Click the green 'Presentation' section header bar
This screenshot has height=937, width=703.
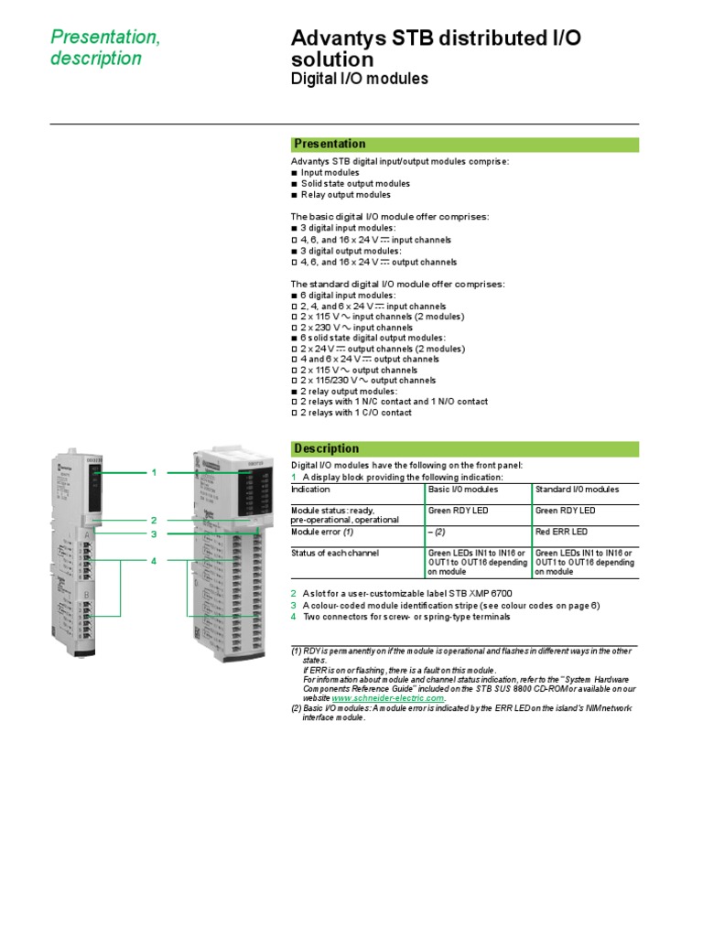pyautogui.click(x=464, y=144)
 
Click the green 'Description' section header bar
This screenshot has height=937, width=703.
pyautogui.click(x=464, y=448)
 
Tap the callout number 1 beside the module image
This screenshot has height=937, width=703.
pyautogui.click(x=155, y=472)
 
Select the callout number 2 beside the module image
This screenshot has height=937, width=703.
pyautogui.click(x=155, y=520)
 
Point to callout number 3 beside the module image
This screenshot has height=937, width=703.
pyautogui.click(x=155, y=533)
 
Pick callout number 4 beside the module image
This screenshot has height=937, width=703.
pyautogui.click(x=155, y=560)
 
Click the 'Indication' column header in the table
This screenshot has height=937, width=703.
pyautogui.click(x=310, y=490)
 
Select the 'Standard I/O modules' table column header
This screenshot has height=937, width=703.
pyautogui.click(x=577, y=490)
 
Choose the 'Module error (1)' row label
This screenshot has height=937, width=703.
pyautogui.click(x=322, y=532)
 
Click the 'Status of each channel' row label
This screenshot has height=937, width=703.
pyautogui.click(x=334, y=553)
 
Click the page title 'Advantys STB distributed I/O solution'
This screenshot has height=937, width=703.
pyautogui.click(x=435, y=48)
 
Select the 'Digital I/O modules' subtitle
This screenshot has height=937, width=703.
pyautogui.click(x=359, y=80)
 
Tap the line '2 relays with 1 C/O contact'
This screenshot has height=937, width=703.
pyautogui.click(x=356, y=413)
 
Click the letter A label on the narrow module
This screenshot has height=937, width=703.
pyautogui.click(x=88, y=533)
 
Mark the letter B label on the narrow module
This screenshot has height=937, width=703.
pyautogui.click(x=88, y=596)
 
